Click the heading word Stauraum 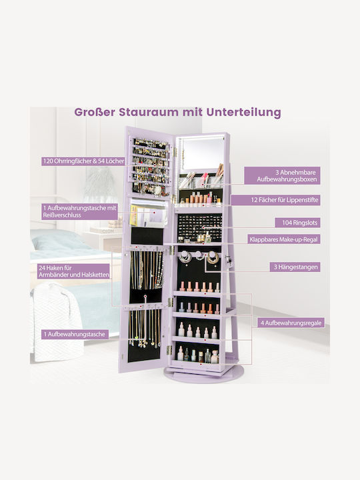pos(150,112)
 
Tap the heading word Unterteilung pos(243,113)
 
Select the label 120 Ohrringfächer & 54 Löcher pos(83,161)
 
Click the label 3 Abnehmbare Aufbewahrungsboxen pos(282,176)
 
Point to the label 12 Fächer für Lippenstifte pos(275,200)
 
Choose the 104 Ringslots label pos(297,223)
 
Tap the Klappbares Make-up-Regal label pos(284,239)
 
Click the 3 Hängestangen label pos(295,267)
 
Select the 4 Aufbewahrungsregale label pos(291,323)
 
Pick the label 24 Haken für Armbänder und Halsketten pos(73,271)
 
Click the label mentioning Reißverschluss pos(79,211)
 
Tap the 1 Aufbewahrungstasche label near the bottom pos(75,334)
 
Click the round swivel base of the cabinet pos(204,375)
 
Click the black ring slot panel pos(199,227)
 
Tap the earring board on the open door pos(150,167)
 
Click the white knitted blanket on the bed pos(57,321)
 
